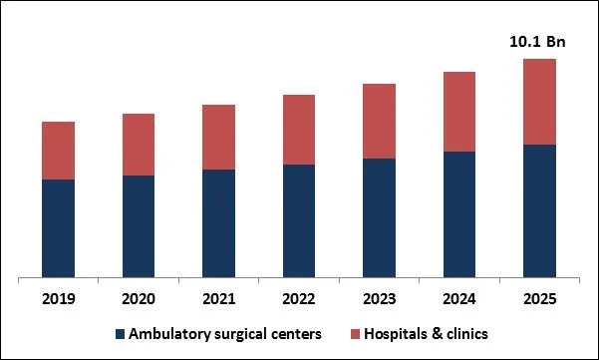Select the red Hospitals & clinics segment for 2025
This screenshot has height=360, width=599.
[x=539, y=102]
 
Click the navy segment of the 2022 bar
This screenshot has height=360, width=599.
[x=299, y=220]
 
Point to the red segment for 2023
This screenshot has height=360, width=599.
[x=379, y=121]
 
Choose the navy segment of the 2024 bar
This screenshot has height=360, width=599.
[x=458, y=213]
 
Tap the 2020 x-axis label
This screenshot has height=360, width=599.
[x=139, y=299]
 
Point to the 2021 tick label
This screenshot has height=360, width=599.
[x=218, y=299]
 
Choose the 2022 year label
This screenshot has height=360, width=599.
[x=299, y=299]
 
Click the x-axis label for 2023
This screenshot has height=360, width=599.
[x=379, y=299]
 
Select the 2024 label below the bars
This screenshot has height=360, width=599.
[x=458, y=299]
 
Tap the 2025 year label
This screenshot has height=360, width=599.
[x=539, y=299]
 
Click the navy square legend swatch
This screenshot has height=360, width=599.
[x=121, y=333]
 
